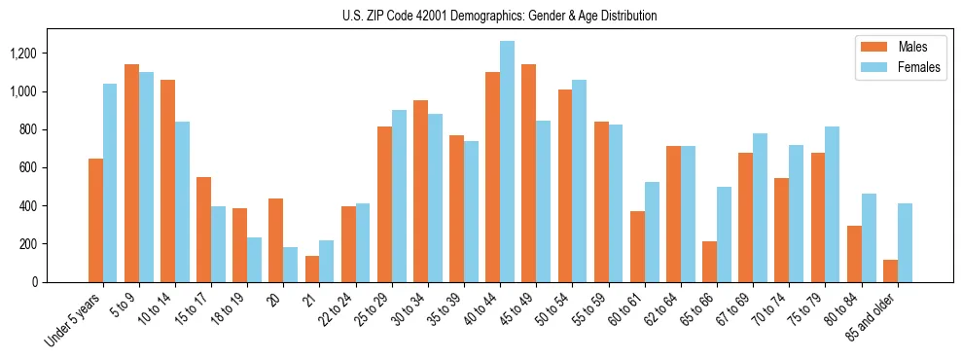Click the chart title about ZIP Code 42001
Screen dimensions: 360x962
[x=499, y=16]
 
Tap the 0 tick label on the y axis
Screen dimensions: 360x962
[x=61, y=282]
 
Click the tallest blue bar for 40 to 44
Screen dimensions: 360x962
[x=507, y=162]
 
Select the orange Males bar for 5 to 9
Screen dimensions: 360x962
[x=131, y=173]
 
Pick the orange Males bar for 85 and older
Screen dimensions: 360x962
[x=890, y=271]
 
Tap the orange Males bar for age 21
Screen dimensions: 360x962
[x=312, y=270]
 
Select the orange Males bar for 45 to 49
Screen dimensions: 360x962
[x=528, y=173]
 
